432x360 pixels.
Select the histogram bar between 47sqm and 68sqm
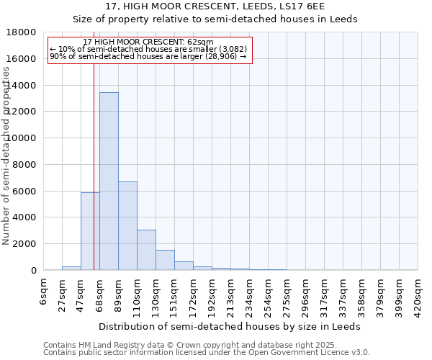90,231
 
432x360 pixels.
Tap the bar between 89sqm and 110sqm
127,226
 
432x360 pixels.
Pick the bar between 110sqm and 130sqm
146,250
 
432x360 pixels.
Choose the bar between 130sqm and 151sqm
165,260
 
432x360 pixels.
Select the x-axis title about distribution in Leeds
230,326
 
